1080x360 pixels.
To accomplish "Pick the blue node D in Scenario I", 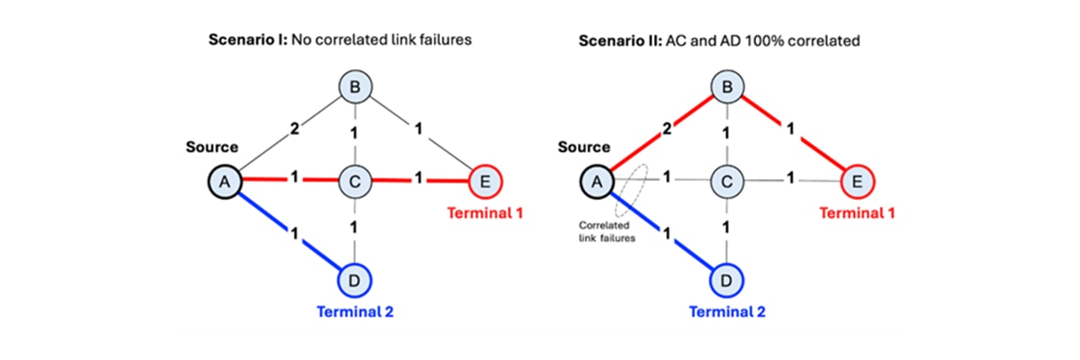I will [354, 280].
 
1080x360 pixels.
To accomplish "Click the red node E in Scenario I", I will [486, 183].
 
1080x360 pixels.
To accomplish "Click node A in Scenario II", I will [594, 183].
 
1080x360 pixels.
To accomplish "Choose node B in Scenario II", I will [725, 87].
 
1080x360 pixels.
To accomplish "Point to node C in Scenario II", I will [725, 183].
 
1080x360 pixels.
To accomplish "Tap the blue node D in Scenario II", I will [725, 280].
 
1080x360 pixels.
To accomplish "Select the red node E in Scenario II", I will [858, 183].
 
